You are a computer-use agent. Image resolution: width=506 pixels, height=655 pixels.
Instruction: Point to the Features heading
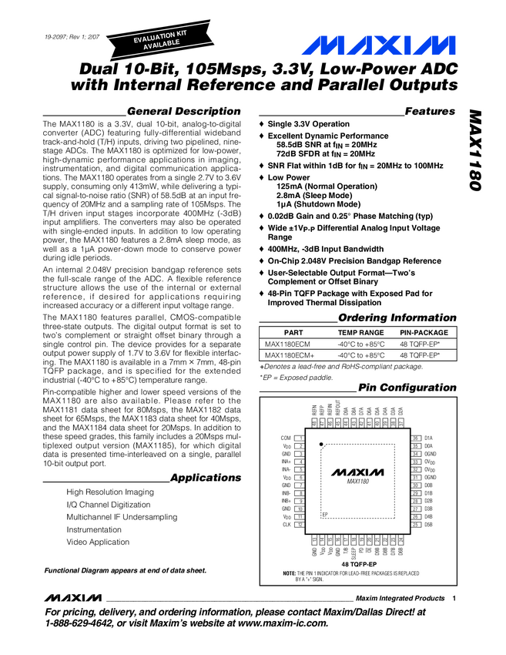tap(430, 111)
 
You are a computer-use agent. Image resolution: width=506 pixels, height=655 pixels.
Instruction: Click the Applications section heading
tap(206, 478)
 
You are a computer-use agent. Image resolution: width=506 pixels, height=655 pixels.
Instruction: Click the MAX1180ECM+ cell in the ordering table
tap(288, 355)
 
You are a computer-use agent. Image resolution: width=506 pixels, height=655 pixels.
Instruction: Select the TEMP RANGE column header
tap(360, 332)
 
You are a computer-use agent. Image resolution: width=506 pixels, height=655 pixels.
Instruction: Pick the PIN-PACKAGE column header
tap(423, 332)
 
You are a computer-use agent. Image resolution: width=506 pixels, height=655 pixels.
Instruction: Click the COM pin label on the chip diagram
tap(286, 438)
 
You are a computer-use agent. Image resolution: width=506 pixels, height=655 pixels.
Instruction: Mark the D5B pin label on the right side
tap(429, 525)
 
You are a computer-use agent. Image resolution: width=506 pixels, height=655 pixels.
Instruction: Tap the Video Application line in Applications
tap(98, 542)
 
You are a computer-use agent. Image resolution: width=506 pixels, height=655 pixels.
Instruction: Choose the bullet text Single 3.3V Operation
tap(308, 124)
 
